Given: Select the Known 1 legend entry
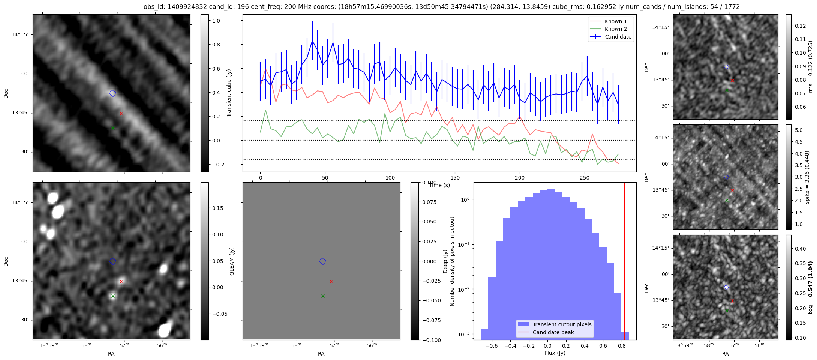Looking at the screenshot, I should [615, 21].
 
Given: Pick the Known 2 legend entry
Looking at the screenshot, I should [615, 29].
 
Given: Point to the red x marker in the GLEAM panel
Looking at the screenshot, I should [121, 281].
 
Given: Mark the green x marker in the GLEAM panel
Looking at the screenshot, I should [113, 296].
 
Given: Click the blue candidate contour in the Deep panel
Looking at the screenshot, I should [322, 261].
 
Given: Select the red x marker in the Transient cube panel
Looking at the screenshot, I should [121, 113].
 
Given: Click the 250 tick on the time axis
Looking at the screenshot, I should [585, 178].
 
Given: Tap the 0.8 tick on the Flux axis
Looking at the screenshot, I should [621, 346].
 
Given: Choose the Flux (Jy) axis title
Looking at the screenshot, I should [555, 353].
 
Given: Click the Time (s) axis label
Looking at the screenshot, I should [439, 185].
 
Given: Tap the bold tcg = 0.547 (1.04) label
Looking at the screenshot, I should [810, 288].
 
